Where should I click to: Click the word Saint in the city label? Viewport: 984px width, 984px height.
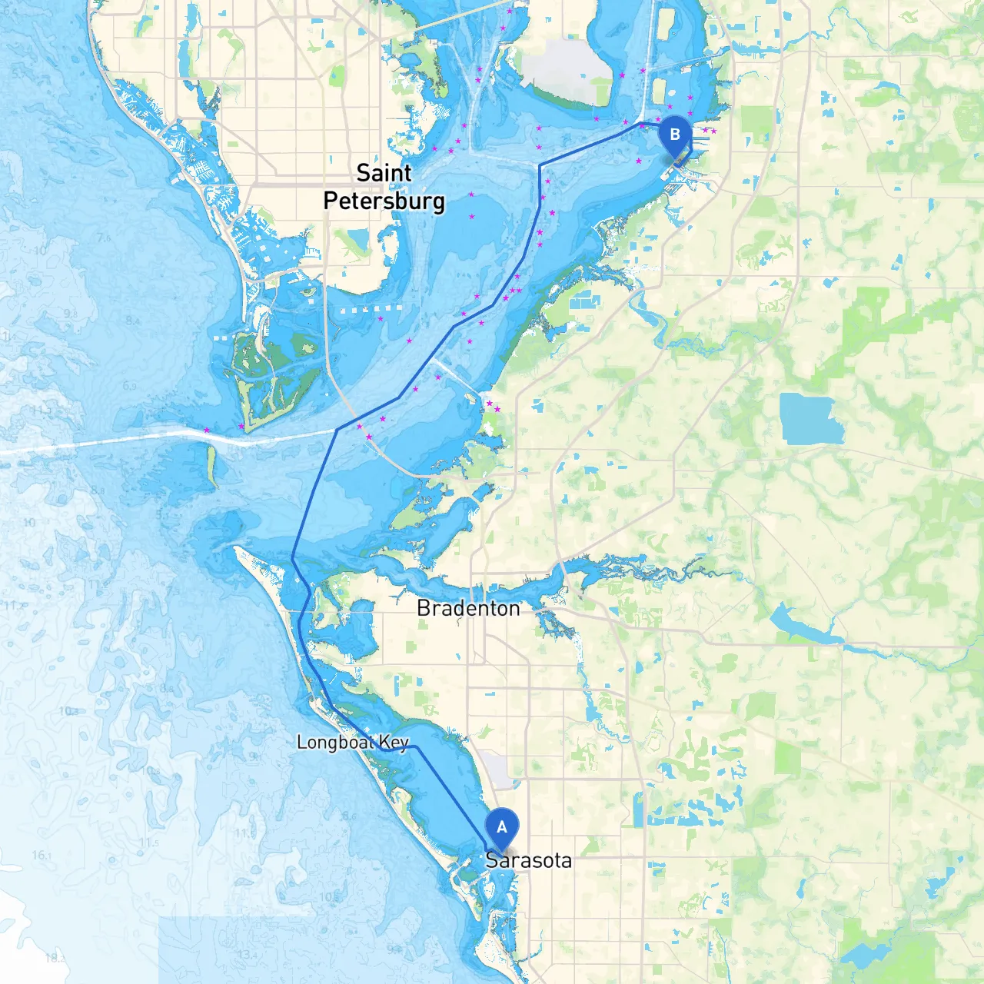tap(384, 174)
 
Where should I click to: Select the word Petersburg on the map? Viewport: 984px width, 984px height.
tap(384, 201)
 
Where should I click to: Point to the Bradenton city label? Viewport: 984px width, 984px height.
tap(468, 609)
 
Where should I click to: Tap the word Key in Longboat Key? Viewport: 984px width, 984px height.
tap(394, 743)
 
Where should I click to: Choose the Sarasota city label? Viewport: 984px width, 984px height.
tap(529, 861)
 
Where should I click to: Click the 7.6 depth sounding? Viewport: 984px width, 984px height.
tap(104, 238)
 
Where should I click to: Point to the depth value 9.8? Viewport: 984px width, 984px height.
tap(71, 314)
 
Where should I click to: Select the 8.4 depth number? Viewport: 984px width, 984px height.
tap(132, 321)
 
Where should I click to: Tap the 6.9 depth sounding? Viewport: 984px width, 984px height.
tap(129, 386)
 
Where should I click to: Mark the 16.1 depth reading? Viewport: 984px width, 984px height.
tap(42, 856)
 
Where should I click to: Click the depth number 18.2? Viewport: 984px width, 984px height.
tap(55, 958)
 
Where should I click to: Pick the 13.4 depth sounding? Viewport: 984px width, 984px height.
tap(247, 955)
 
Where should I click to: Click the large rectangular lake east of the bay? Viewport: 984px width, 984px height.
tap(809, 419)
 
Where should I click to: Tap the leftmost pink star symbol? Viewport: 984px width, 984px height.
tap(206, 430)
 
